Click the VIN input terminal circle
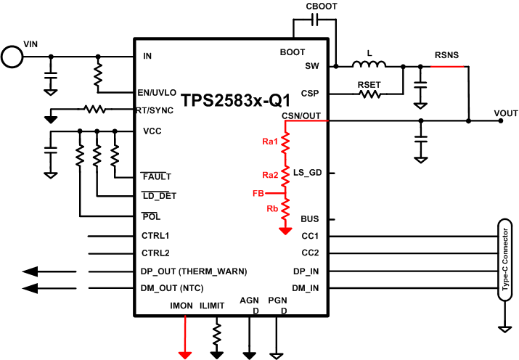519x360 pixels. point(12,56)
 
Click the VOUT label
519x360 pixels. point(505,113)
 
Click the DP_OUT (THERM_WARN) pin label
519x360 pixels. point(194,271)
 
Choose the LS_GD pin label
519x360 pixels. point(306,173)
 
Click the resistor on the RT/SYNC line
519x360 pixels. point(94,110)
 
